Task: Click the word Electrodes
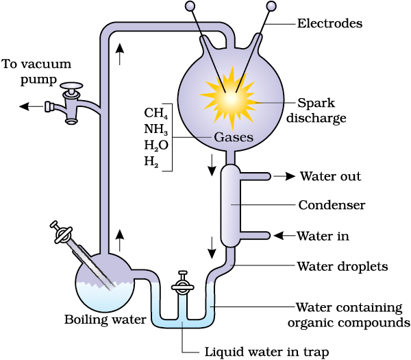(x=329, y=23)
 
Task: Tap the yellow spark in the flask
(x=230, y=98)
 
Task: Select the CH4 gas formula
(x=156, y=113)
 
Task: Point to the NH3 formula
(x=156, y=129)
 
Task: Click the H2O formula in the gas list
(x=156, y=145)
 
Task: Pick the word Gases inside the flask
(x=234, y=137)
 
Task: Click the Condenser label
(x=332, y=205)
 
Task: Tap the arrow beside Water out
(x=284, y=176)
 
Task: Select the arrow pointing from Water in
(x=285, y=236)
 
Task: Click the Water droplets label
(x=342, y=266)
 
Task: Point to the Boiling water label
(x=105, y=320)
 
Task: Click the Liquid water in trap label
(x=266, y=352)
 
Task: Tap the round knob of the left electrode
(x=190, y=5)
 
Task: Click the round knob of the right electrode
(x=271, y=5)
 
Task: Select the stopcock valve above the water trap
(x=183, y=285)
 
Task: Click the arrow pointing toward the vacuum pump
(x=32, y=106)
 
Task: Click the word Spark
(x=316, y=103)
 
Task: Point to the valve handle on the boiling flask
(x=62, y=232)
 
